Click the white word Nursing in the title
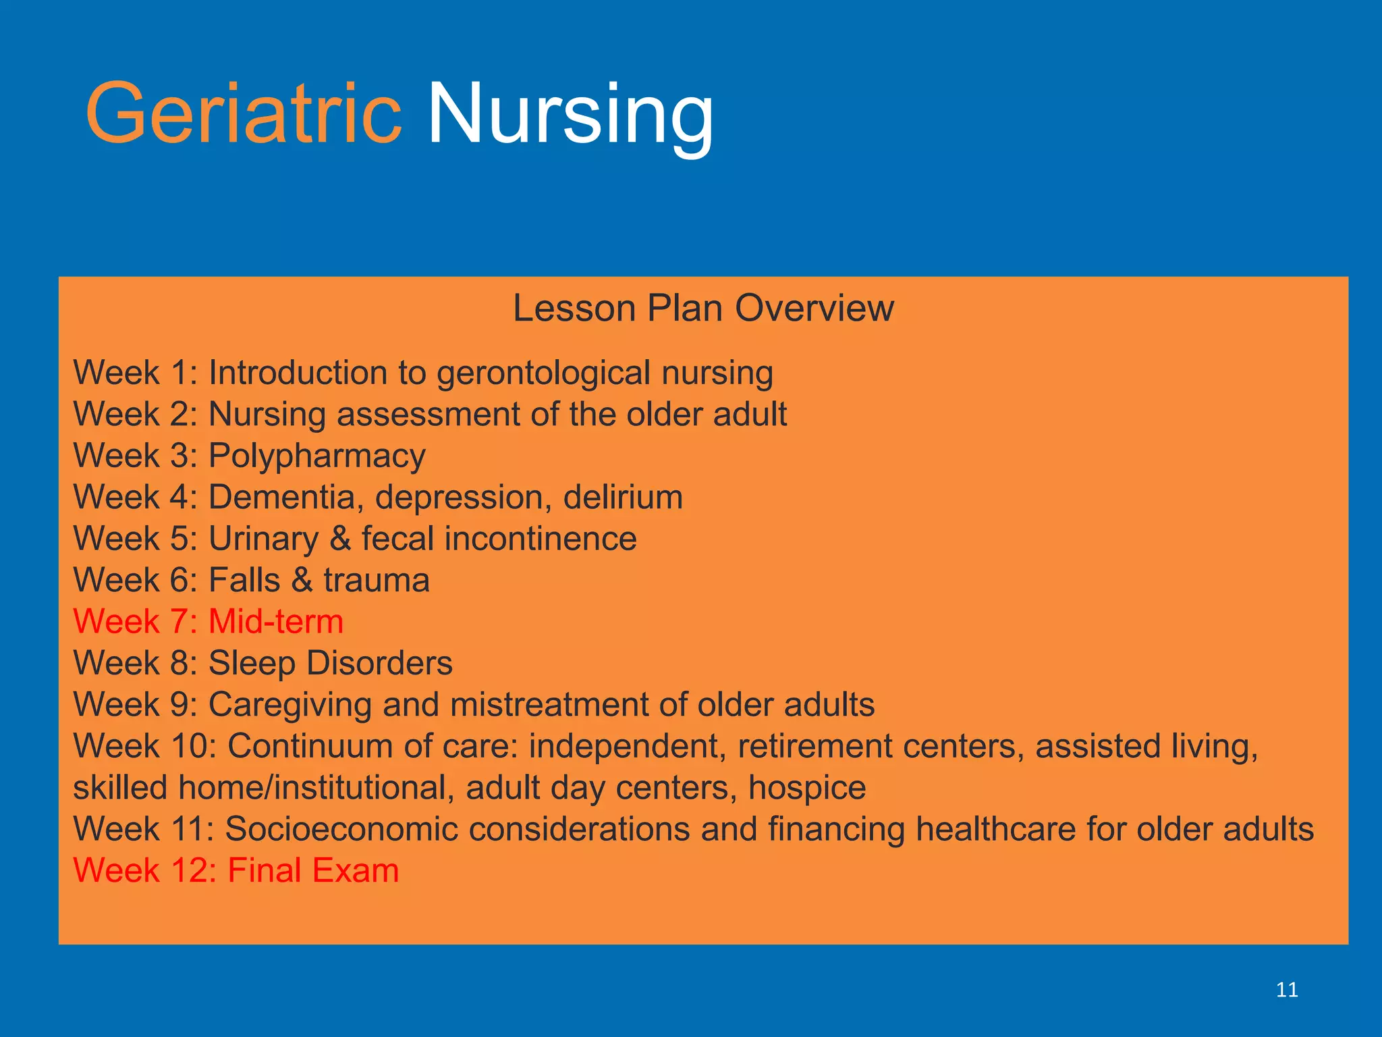tap(570, 113)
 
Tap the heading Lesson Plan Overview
tap(703, 309)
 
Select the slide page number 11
tap(1287, 990)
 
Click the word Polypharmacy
tap(316, 456)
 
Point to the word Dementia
tap(281, 498)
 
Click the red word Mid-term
tap(275, 621)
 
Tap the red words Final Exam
tap(313, 870)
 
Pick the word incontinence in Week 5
tap(540, 539)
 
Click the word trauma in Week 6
tap(376, 581)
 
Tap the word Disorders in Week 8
tap(379, 663)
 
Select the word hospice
tap(806, 788)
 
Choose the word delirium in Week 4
tap(622, 498)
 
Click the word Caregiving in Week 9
tap(290, 705)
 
